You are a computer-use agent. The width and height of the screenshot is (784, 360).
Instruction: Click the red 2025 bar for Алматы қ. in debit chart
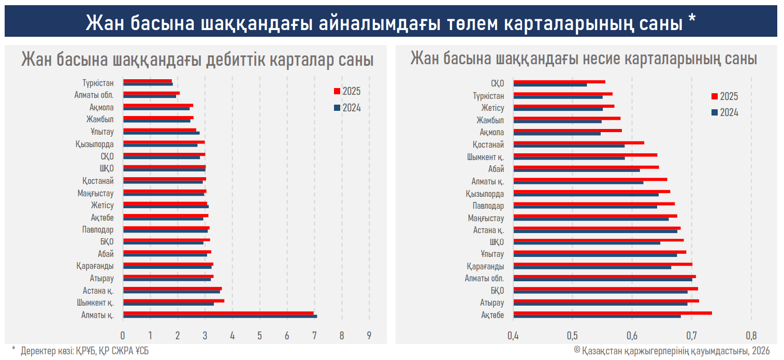[x=219, y=313]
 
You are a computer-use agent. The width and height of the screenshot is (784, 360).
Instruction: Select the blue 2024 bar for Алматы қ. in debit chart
[x=220, y=316]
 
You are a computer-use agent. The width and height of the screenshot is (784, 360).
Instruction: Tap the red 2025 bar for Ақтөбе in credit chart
[x=613, y=313]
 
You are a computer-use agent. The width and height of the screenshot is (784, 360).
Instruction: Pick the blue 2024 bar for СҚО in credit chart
[x=550, y=85]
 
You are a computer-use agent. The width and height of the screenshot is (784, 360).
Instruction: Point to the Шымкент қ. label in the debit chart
[x=96, y=303]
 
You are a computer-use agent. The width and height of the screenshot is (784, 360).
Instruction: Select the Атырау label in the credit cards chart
[x=492, y=303]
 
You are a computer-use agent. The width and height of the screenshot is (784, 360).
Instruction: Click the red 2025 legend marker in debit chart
[x=337, y=92]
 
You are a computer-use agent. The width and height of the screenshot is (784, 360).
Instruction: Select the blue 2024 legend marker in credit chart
[x=715, y=112]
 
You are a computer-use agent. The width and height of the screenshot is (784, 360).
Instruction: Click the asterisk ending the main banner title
[x=692, y=21]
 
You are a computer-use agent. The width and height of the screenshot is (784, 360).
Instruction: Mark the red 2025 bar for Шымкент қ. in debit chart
[x=173, y=300]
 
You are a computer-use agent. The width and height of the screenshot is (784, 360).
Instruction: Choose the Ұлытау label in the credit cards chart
[x=491, y=254]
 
